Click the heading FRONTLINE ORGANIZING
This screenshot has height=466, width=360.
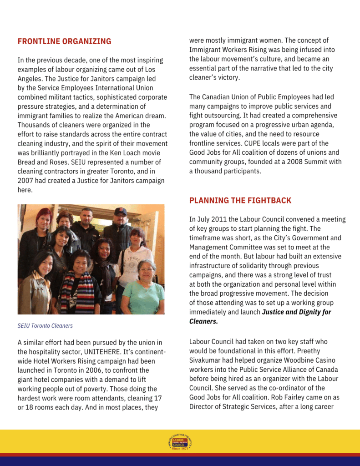click(x=64, y=41)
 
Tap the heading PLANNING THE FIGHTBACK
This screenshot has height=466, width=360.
click(x=240, y=201)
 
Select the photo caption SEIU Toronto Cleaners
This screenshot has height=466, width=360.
click(x=45, y=326)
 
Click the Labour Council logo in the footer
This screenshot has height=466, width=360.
click(x=180, y=442)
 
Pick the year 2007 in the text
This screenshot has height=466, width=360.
click(x=26, y=181)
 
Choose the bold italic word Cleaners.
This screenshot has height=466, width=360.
click(x=203, y=321)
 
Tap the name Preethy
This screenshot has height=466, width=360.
click(x=308, y=351)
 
